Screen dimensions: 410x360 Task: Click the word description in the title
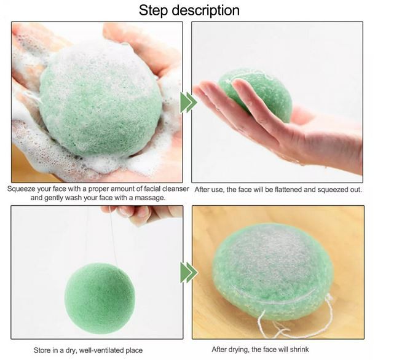click(x=205, y=11)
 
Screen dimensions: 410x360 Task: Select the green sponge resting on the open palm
click(x=258, y=94)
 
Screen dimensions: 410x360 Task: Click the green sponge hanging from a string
click(x=100, y=299)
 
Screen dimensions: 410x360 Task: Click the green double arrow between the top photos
click(x=188, y=103)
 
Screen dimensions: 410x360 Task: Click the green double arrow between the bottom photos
click(x=189, y=272)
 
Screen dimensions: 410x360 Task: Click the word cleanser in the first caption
click(x=176, y=189)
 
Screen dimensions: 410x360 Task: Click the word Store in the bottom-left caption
click(x=42, y=350)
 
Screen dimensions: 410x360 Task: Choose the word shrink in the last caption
click(x=299, y=350)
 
